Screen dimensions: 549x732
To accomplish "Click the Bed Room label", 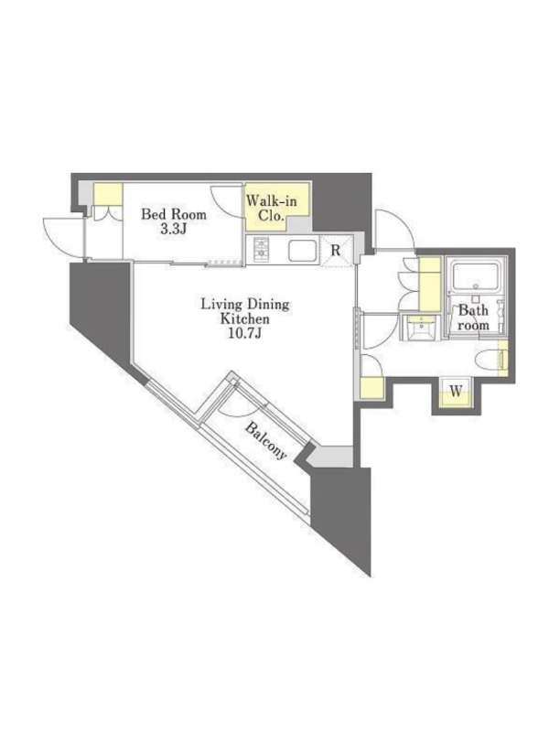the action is (x=174, y=215).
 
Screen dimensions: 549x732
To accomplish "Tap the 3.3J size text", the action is (x=173, y=230).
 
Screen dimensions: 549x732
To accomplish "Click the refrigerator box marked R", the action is (x=336, y=250).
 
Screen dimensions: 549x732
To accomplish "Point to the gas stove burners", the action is (x=261, y=249).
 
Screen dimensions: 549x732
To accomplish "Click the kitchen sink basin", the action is (x=303, y=251).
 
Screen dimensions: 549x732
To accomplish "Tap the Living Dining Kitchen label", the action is (x=245, y=312).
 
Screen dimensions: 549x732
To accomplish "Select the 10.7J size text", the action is (x=245, y=334).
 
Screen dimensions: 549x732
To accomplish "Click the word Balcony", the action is (x=265, y=441).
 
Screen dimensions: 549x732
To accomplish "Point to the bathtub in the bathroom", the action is (x=476, y=278).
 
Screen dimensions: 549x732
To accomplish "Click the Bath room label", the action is (x=473, y=318).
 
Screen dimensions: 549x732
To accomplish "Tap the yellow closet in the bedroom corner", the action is (x=108, y=194).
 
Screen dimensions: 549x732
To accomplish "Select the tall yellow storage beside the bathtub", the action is (x=430, y=285).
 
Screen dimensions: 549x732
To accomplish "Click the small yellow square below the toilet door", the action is (x=372, y=387).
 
